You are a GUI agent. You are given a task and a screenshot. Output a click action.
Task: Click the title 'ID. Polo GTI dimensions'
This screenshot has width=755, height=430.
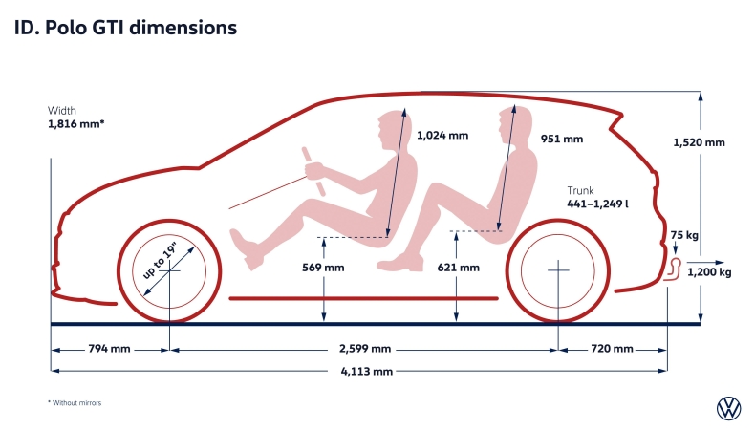coord(125,28)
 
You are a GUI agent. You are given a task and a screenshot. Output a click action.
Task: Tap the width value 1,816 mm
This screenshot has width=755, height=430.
coord(76,124)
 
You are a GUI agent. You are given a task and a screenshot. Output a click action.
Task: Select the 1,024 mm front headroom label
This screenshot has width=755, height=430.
coord(442,136)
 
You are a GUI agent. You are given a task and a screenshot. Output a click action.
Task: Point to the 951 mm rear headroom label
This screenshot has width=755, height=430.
coord(561,140)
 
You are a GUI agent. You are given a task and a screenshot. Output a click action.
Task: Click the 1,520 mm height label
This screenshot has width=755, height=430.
coord(699,142)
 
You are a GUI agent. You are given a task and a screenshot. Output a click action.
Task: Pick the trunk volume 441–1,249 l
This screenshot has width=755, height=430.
coord(597,204)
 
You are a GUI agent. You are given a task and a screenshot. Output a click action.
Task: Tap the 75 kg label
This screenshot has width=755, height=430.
coord(684,235)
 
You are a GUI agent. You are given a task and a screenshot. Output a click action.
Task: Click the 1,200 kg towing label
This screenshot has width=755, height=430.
coord(709,272)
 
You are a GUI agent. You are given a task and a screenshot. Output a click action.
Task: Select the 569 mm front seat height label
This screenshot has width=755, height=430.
coord(323,268)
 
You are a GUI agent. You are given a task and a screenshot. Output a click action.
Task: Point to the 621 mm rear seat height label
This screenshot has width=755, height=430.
coord(459,268)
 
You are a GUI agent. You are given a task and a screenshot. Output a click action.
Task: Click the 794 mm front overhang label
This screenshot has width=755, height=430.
coord(109,348)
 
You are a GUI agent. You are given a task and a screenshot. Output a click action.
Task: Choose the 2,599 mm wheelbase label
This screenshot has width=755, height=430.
coord(365,348)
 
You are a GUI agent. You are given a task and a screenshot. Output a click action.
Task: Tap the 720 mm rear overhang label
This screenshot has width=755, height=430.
coord(612,348)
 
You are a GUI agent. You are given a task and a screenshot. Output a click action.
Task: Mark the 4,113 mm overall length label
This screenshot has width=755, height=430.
coord(366,372)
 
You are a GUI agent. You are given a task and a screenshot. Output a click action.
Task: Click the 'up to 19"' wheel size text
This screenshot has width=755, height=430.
coord(160,261)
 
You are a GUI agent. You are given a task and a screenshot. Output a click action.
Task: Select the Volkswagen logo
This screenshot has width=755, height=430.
coord(729,409)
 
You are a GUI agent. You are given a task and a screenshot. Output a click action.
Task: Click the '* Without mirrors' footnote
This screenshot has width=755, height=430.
coord(75,403)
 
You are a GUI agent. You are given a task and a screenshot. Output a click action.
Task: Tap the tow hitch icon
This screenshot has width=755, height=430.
coord(673,269)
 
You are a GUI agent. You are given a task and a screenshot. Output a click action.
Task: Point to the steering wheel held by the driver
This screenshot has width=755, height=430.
coord(313,171)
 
